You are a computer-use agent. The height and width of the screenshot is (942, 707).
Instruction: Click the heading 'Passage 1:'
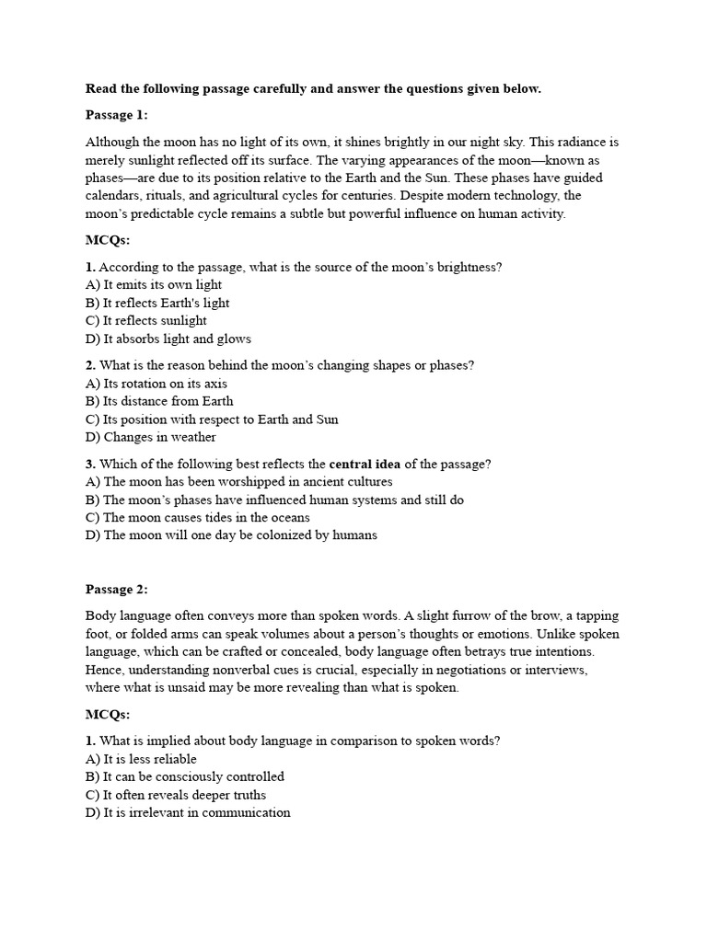[x=117, y=115]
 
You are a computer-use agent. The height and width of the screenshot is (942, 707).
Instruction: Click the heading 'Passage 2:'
[x=117, y=589]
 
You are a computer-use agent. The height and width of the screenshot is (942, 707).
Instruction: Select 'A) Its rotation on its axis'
[x=156, y=384]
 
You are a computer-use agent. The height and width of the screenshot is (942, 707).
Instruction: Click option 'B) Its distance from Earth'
[x=159, y=401]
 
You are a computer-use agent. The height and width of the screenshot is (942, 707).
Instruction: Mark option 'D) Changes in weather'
[x=151, y=437]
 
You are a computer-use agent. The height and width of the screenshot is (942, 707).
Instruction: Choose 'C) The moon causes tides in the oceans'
[x=198, y=517]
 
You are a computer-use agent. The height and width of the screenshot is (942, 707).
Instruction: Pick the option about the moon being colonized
[x=231, y=535]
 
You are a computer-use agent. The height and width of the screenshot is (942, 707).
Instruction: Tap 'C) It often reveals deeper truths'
[x=176, y=795]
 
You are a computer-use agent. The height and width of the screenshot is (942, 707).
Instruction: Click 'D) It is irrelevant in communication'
[x=188, y=812]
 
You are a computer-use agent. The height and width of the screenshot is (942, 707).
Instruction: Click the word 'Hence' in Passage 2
[x=105, y=670]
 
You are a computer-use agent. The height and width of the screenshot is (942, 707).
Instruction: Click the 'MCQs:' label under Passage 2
[x=109, y=715]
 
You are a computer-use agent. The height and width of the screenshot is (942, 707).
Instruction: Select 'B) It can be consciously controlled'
[x=185, y=776]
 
